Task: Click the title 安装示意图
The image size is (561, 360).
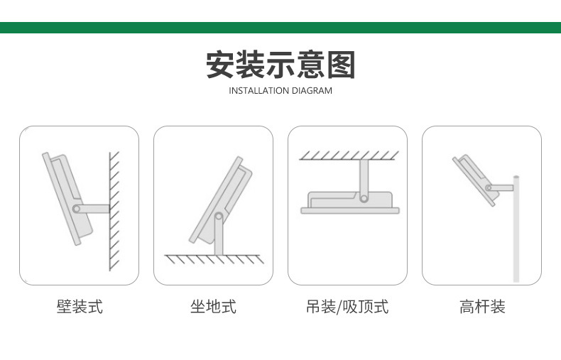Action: [280, 65]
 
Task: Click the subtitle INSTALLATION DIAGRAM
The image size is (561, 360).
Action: [280, 91]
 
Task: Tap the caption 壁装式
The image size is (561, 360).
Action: [80, 307]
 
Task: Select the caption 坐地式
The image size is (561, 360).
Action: [213, 307]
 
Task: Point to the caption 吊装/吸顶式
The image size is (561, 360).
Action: [347, 307]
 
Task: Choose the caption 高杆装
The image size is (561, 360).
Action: [482, 307]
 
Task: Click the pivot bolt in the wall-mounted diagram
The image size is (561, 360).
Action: [77, 209]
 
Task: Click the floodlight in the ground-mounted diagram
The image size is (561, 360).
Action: [217, 199]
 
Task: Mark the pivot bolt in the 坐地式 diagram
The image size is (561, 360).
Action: [219, 216]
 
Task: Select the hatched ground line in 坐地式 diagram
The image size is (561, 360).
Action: [213, 258]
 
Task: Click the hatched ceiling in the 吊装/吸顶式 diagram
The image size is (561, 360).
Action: [347, 155]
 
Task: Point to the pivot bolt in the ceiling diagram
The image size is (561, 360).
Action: [364, 197]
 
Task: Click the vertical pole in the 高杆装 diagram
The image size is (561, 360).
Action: [517, 234]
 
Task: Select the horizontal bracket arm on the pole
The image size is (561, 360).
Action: [501, 187]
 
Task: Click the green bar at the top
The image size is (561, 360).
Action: [280, 28]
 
